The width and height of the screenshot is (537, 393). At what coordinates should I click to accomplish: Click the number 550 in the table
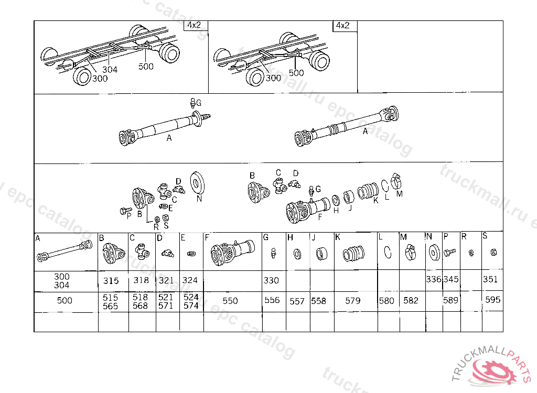tap(230, 301)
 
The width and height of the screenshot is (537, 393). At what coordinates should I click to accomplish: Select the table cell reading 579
tap(353, 301)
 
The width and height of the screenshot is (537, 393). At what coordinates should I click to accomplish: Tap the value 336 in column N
tap(434, 279)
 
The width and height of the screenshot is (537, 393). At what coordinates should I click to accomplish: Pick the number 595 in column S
tap(493, 300)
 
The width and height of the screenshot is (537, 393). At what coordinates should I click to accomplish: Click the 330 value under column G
tap(271, 280)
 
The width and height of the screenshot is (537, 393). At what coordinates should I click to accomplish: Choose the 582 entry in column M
tap(411, 301)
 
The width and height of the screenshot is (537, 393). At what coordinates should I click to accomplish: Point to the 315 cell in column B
tap(111, 280)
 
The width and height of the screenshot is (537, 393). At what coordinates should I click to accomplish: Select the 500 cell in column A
tap(65, 301)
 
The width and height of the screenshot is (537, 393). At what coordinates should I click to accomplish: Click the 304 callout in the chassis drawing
tap(110, 69)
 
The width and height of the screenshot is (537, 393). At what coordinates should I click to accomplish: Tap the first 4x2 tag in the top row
tap(196, 25)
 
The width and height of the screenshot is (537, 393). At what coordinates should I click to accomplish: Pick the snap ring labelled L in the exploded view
tap(385, 185)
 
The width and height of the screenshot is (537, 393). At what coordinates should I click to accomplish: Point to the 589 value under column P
tap(450, 300)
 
